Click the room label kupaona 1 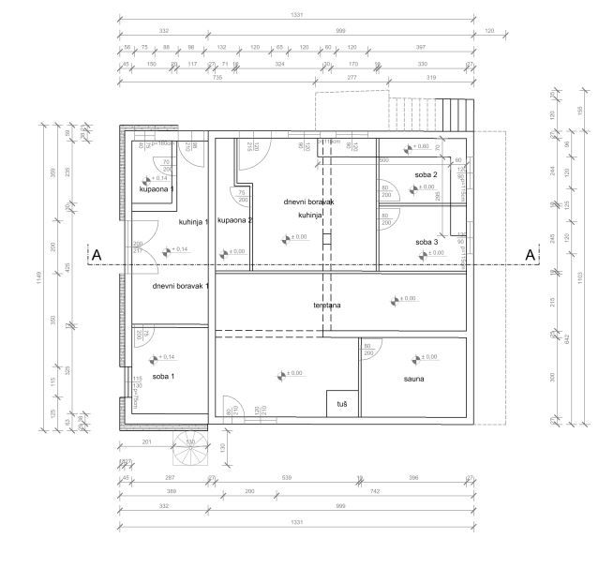click(157, 189)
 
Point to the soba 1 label click(163, 375)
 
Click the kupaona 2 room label click(234, 220)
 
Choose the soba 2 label click(427, 175)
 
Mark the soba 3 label click(427, 242)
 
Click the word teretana click(326, 306)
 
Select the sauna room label click(414, 379)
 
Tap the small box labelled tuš click(342, 403)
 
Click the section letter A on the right click(530, 254)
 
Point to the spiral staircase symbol click(190, 453)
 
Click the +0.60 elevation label click(420, 146)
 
